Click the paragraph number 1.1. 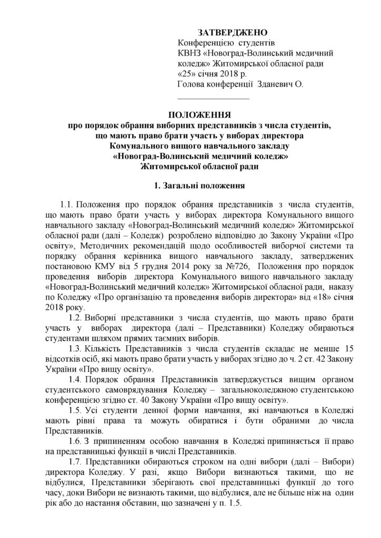tap(70, 204)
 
